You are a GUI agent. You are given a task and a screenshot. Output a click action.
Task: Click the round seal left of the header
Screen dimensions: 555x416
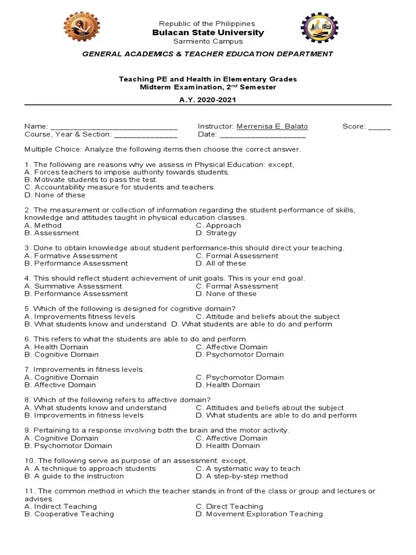click(x=82, y=27)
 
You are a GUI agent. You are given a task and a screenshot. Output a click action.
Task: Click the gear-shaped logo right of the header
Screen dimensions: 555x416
click(x=319, y=27)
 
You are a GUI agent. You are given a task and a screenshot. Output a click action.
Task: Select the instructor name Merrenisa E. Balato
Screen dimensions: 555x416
click(x=272, y=126)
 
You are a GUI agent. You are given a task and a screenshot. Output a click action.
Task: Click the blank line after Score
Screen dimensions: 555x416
click(x=379, y=127)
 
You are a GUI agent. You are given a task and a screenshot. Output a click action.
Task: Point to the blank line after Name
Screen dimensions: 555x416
click(x=114, y=127)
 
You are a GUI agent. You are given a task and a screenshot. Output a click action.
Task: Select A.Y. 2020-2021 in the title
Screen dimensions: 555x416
click(x=208, y=100)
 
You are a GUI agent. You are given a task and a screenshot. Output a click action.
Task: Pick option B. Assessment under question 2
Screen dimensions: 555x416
click(x=52, y=233)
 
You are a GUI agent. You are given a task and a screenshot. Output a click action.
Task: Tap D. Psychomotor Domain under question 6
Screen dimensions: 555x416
click(x=239, y=354)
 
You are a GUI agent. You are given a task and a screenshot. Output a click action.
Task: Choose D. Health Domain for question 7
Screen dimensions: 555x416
click(x=227, y=385)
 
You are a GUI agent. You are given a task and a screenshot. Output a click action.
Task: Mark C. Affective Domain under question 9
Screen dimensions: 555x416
click(x=231, y=438)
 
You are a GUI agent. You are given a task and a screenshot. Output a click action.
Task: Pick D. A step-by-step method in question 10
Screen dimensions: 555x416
click(x=242, y=476)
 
